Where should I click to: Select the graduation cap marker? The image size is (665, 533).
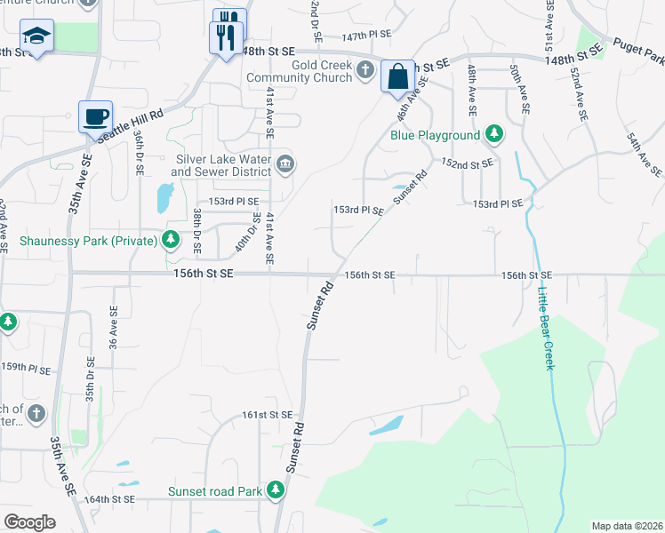coord(37,36)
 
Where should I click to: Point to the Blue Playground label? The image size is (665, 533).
coord(436,136)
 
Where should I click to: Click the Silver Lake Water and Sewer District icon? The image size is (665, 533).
coord(286,162)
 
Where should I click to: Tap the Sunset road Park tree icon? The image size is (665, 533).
coord(276,489)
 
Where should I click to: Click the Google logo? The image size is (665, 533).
coord(29,521)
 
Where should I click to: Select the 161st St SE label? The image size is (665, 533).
coord(268,415)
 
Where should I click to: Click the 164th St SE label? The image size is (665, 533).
coord(109,499)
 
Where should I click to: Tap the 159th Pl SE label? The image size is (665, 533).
coord(25,367)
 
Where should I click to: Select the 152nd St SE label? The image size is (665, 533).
coord(468,164)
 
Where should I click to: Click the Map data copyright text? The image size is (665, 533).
coord(627,526)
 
